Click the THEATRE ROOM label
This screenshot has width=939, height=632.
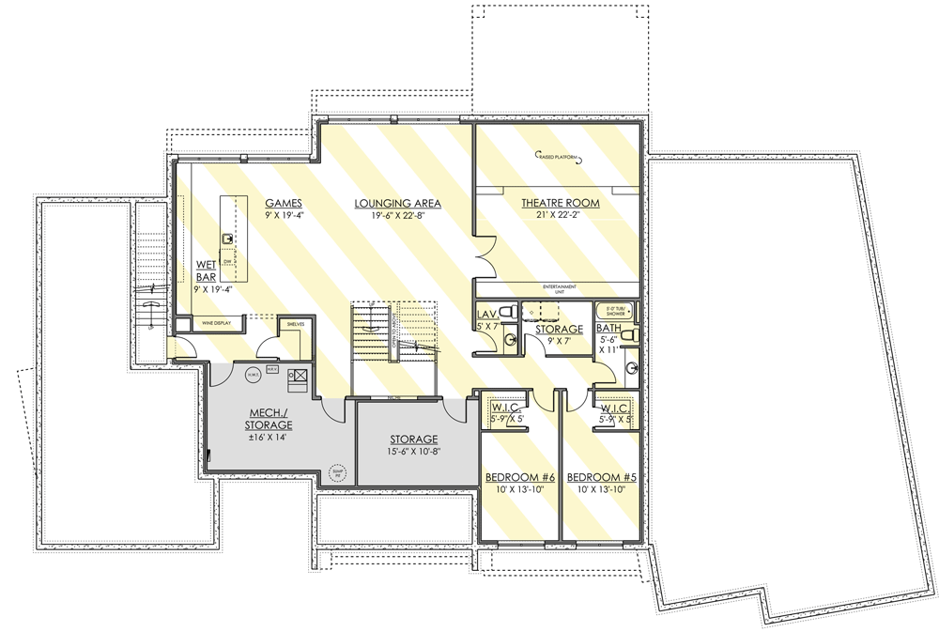[560, 203]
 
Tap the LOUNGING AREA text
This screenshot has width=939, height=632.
[397, 203]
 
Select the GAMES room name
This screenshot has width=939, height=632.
[283, 203]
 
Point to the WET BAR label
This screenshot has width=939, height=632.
[206, 270]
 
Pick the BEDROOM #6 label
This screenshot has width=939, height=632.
[520, 478]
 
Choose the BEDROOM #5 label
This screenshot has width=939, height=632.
[603, 478]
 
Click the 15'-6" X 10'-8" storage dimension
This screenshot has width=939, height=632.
[414, 452]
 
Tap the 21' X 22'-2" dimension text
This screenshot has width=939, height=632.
[560, 215]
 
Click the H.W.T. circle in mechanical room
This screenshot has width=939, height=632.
[252, 376]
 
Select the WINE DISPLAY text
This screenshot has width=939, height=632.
[216, 323]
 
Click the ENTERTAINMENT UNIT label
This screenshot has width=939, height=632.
[559, 287]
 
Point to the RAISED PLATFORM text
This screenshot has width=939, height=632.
[559, 157]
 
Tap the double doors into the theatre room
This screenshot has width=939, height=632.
[483, 253]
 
